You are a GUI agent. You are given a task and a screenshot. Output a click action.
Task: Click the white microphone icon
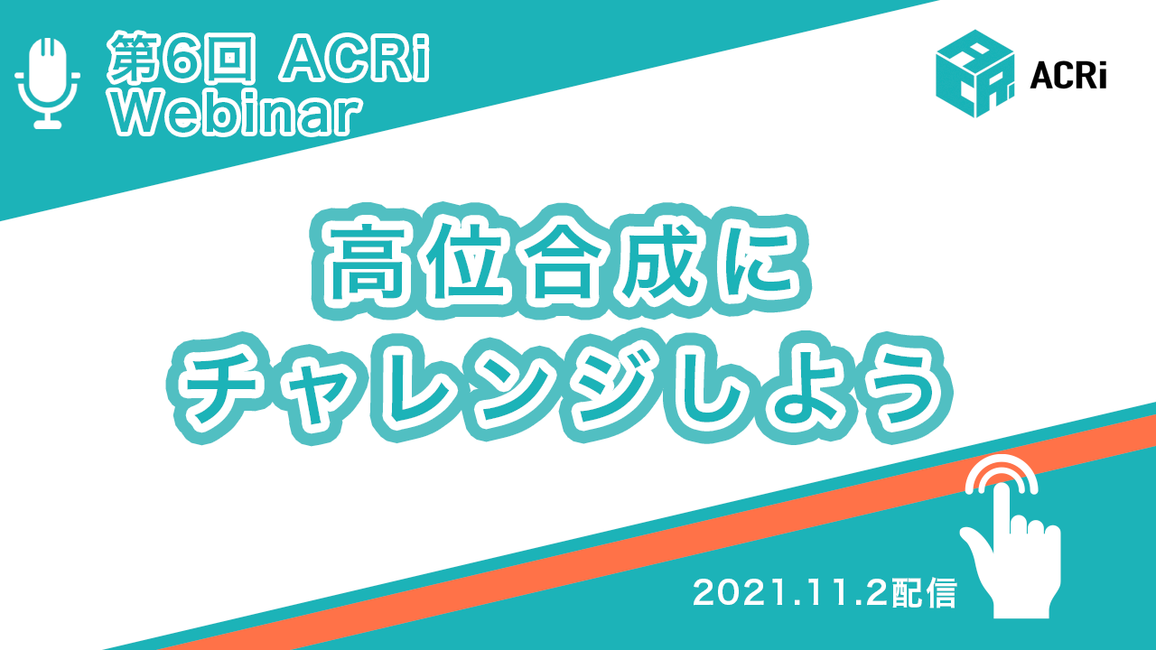pyautogui.click(x=48, y=82)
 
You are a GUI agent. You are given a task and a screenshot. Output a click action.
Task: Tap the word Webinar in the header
pyautogui.click(x=237, y=115)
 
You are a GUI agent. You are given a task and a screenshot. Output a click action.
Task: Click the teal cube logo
pyautogui.click(x=974, y=74)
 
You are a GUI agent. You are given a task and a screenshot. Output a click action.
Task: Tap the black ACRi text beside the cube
pyautogui.click(x=1068, y=77)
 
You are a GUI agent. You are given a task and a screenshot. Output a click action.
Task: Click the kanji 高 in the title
pyautogui.click(x=364, y=262)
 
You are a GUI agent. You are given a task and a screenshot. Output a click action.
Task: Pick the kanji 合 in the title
pyautogui.click(x=563, y=262)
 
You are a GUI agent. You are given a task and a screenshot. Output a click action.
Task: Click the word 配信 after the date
pyautogui.click(x=924, y=593)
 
